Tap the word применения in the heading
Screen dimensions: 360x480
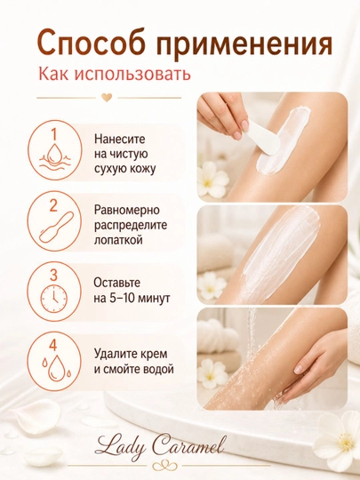[x=244, y=44]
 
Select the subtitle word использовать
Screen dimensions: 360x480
[x=132, y=74]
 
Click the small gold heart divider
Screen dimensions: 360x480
[x=107, y=98]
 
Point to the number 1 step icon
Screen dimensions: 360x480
[x=55, y=150]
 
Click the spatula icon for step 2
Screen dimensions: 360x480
[x=57, y=228]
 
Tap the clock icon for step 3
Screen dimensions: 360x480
[x=54, y=298]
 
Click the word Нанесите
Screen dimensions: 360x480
[x=119, y=140]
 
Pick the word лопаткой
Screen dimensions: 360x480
[x=118, y=240]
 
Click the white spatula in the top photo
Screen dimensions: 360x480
[x=264, y=137]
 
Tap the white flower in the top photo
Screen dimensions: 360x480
[x=212, y=180]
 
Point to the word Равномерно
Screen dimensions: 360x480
[x=127, y=211]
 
